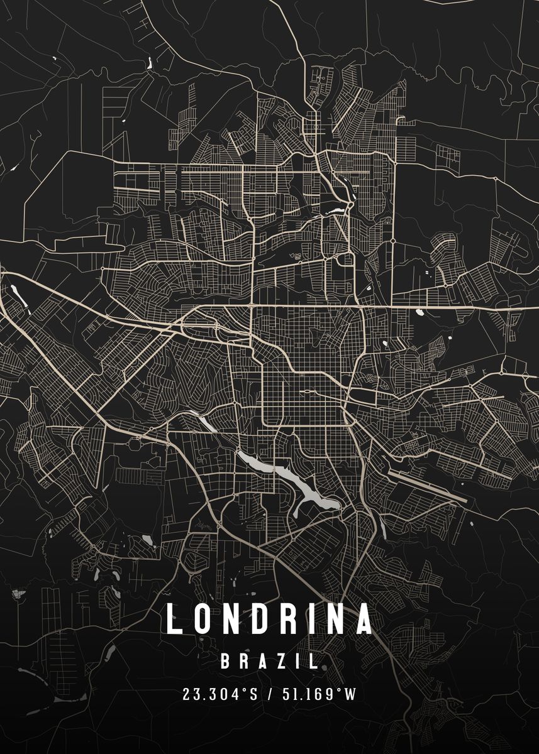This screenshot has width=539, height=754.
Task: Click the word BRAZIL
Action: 269,660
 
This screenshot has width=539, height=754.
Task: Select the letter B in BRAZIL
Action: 226,660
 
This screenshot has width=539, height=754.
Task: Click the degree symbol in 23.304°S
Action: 244,691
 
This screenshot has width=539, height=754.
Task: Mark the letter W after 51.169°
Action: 351,694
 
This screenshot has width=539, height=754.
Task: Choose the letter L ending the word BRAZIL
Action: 313,660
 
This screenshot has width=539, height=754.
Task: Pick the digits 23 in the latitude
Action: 189,694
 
